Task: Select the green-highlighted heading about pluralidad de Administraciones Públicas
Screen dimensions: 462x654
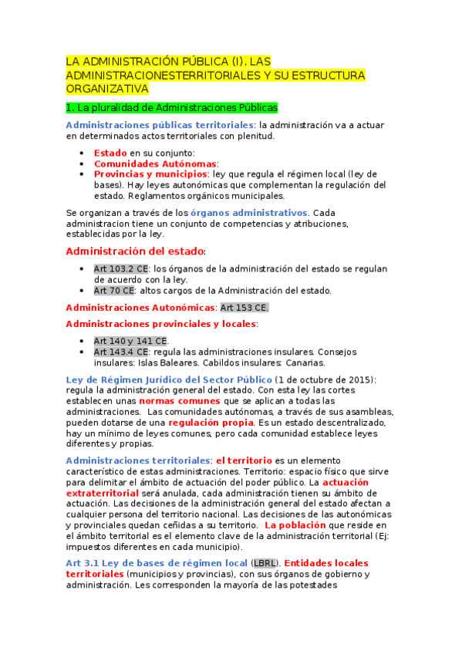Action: click(x=171, y=108)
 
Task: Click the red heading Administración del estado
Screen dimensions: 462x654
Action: click(x=135, y=251)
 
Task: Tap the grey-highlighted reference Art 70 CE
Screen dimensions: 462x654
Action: click(x=114, y=291)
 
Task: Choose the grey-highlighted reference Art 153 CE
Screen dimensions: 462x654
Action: click(x=244, y=308)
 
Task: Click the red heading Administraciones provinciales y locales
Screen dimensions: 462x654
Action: click(x=160, y=324)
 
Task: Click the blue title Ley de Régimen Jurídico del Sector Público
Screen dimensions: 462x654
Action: click(x=169, y=379)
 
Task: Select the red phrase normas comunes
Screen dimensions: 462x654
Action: click(x=178, y=401)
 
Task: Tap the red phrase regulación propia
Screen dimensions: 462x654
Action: click(x=211, y=423)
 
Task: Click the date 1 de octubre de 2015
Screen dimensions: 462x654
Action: click(x=325, y=379)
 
